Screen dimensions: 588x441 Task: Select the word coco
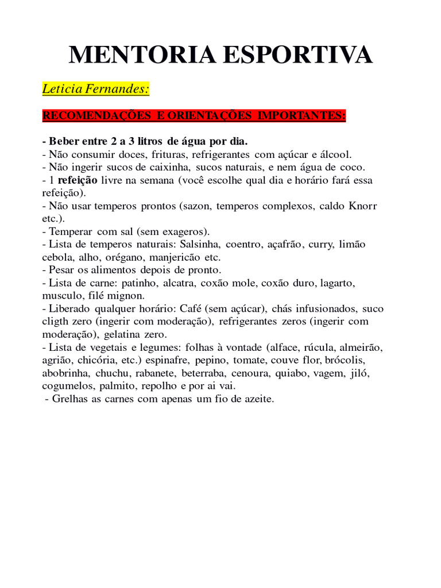tap(351, 167)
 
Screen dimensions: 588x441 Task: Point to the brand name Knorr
tap(363, 206)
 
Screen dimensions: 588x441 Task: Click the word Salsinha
tap(200, 244)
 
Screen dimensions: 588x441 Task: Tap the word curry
tap(320, 244)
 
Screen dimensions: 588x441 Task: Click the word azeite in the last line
tap(259, 399)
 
